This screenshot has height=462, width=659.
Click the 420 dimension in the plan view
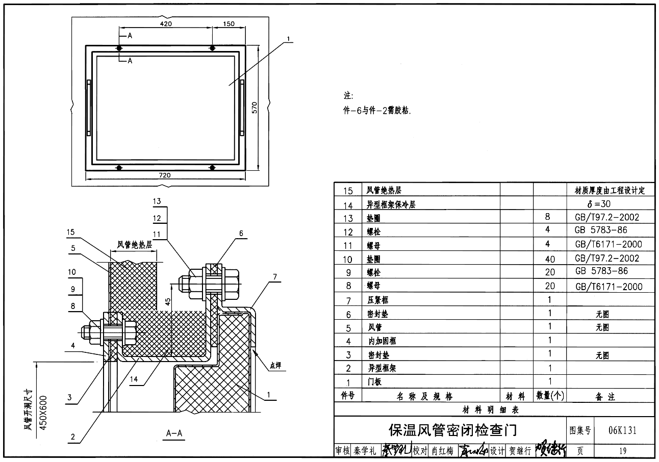tap(166, 24)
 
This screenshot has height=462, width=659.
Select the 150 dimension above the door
tap(229, 24)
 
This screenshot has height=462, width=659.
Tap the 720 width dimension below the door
tap(165, 175)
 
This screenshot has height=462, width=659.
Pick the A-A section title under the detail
tap(174, 433)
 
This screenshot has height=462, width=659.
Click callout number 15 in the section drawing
tap(71, 233)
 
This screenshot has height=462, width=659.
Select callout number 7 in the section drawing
tap(274, 276)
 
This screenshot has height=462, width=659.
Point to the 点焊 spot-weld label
tap(275, 365)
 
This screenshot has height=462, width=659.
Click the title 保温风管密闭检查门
tap(452, 430)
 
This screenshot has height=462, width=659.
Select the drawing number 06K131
tap(622, 430)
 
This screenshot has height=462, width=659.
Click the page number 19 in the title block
tap(622, 451)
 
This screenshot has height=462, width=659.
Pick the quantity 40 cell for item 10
tap(549, 259)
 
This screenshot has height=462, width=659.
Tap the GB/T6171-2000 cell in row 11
tap(609, 244)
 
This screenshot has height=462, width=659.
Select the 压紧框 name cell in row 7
tap(377, 300)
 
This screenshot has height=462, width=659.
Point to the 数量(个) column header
tap(550, 396)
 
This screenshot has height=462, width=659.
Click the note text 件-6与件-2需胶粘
tap(377, 111)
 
